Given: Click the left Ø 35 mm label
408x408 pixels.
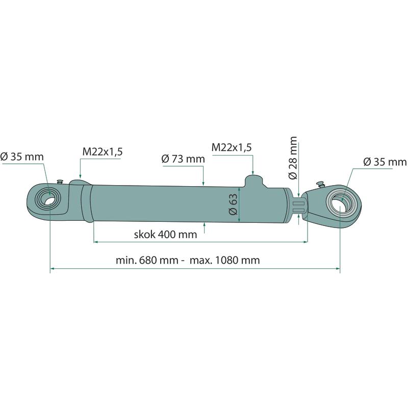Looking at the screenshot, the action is tap(22, 157).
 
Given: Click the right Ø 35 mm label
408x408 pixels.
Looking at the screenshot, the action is tap(385, 162).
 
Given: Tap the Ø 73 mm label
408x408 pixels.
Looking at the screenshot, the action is tap(183, 159).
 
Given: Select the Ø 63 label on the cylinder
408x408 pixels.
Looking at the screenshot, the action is tap(233, 204).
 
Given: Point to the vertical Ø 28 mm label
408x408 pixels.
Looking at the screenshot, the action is tap(293, 158).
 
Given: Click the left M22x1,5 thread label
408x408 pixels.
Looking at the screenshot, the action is tap(103, 151).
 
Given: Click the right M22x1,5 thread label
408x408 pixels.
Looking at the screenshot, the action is tap(232, 147).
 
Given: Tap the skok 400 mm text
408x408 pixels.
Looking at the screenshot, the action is tap(165, 235).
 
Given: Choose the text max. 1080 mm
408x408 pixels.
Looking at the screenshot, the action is tap(225, 260).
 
